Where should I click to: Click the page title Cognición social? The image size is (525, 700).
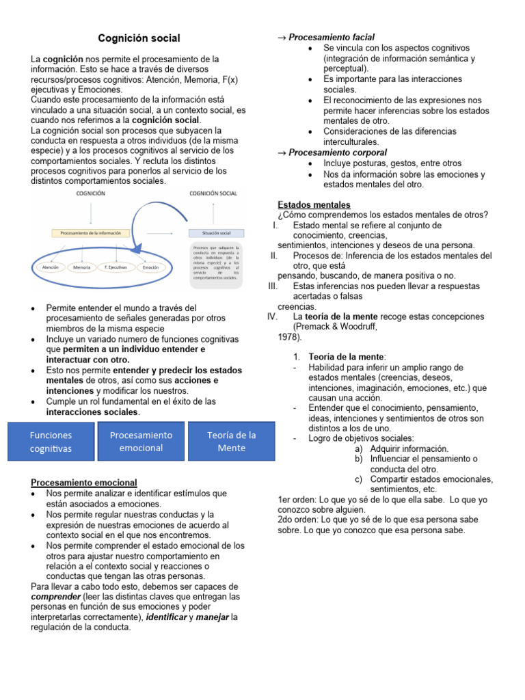pyautogui.click(x=139, y=38)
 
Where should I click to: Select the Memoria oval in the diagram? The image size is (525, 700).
pyautogui.click(x=82, y=268)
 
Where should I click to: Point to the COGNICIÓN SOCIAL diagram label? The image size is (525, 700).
pyautogui.click(x=213, y=193)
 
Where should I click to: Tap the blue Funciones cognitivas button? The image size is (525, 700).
pyautogui.click(x=51, y=442)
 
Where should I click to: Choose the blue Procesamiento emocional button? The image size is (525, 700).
pyautogui.click(x=141, y=442)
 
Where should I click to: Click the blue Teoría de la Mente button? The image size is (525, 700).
pyautogui.click(x=231, y=442)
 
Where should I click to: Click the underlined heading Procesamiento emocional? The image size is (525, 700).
pyautogui.click(x=84, y=483)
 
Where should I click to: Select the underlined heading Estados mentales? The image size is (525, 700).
pyautogui.click(x=314, y=204)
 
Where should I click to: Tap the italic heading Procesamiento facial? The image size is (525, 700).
pyautogui.click(x=331, y=37)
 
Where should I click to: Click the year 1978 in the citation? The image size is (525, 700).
pyautogui.click(x=288, y=337)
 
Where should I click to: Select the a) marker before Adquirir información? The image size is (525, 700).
pyautogui.click(x=358, y=448)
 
